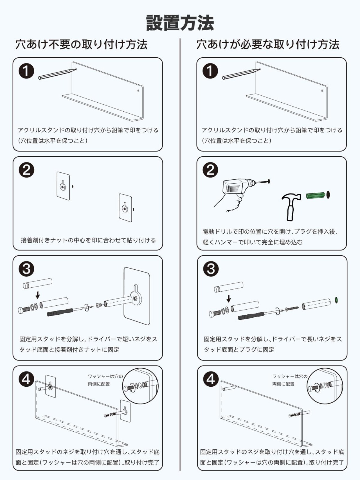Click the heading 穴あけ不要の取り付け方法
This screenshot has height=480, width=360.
pos(81,45)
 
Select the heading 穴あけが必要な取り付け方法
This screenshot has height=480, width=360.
pos(268,45)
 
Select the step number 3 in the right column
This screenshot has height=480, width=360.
pos(211,269)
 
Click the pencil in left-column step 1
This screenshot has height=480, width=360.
pos(56,74)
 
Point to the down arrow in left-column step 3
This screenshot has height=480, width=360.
pos(37,295)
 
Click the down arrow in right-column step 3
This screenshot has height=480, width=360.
pos(229,298)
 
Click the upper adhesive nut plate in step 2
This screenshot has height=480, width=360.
pos(63,186)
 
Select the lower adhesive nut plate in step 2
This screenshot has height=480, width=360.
pos(125,208)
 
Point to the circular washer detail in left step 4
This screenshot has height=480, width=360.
pos(140,386)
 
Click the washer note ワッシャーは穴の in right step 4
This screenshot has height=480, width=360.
pos(290,376)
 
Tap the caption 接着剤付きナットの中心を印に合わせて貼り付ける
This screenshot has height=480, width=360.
pos(88,240)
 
